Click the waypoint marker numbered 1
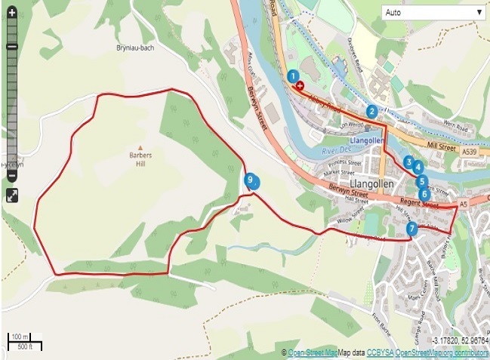click(x=293, y=75)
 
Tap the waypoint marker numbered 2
click(x=371, y=112)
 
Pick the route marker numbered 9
click(x=251, y=179)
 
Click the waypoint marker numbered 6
click(x=424, y=194)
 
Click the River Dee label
click(x=337, y=151)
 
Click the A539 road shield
click(x=470, y=152)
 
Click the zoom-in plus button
click(x=12, y=13)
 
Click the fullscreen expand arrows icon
click(x=13, y=195)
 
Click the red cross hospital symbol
click(x=301, y=86)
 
